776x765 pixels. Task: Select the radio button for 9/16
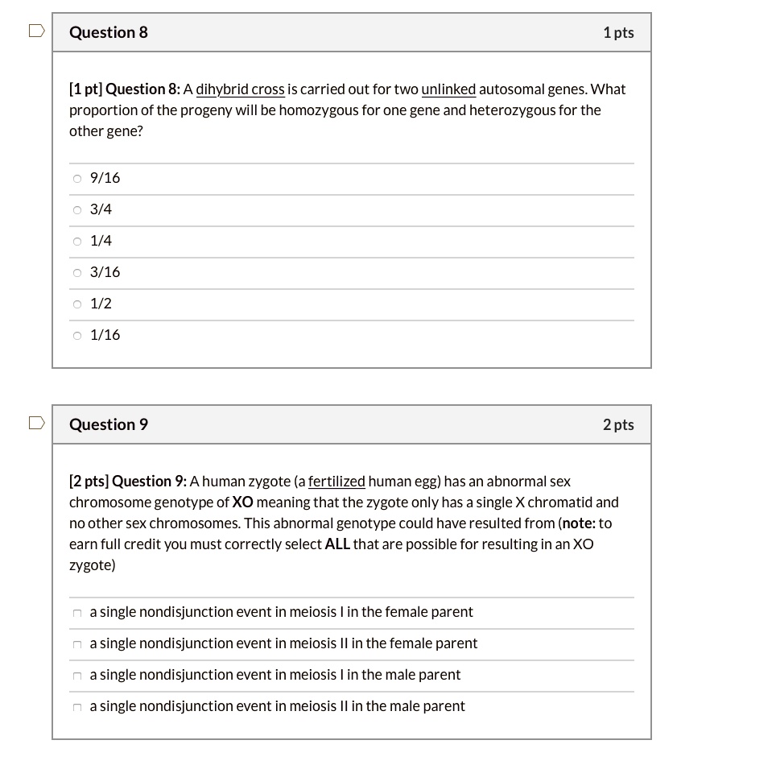77,179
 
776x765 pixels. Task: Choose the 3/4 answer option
77,210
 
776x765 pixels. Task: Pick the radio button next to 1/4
77,242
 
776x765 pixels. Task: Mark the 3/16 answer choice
77,273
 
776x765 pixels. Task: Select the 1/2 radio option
77,304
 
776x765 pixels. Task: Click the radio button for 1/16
77,336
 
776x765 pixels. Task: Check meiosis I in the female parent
77,614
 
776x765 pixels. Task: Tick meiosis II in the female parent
77,645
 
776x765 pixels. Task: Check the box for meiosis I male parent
77,676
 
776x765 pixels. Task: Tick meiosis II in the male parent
77,708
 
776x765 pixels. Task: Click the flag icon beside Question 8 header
35,31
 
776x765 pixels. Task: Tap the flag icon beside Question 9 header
35,424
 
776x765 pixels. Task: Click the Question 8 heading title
109,32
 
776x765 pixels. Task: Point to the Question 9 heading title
109,424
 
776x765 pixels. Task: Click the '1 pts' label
617,32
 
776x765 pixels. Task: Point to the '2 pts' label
617,424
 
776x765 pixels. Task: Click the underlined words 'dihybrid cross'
240,89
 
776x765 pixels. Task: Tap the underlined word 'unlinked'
448,89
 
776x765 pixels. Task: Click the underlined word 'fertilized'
336,482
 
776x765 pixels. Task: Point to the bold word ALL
337,544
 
